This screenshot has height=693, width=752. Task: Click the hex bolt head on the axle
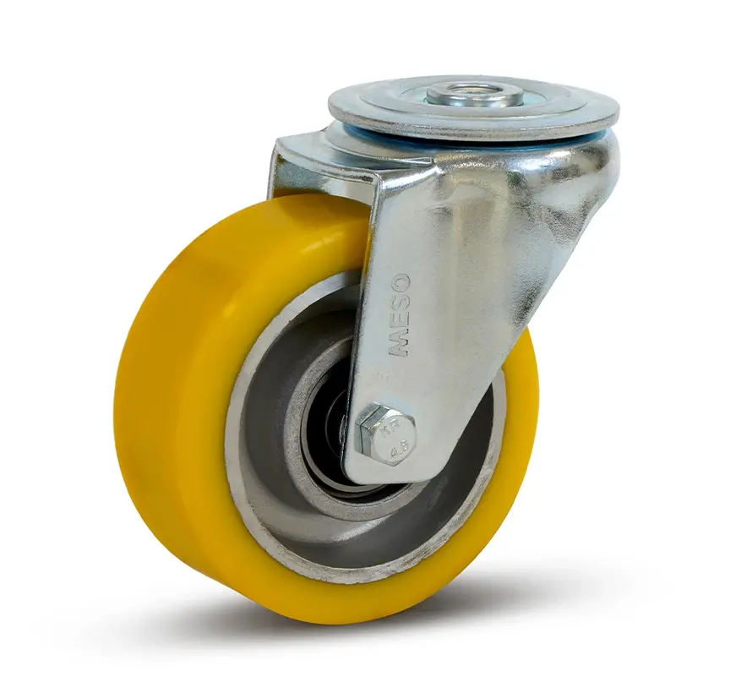(387, 433)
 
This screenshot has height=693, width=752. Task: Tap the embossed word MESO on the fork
(399, 314)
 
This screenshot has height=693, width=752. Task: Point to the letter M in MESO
(399, 344)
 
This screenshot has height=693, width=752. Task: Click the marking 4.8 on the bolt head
(395, 450)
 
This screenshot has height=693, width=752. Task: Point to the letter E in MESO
(399, 325)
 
